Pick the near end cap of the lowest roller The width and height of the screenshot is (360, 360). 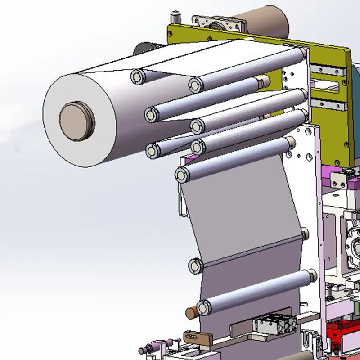pyautogui.click(x=204, y=307)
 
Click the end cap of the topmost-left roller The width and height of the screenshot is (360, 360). pyautogui.click(x=138, y=76)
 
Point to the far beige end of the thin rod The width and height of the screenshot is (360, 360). pyautogui.click(x=305, y=233)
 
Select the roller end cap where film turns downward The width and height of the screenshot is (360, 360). pyautogui.click(x=182, y=175)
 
